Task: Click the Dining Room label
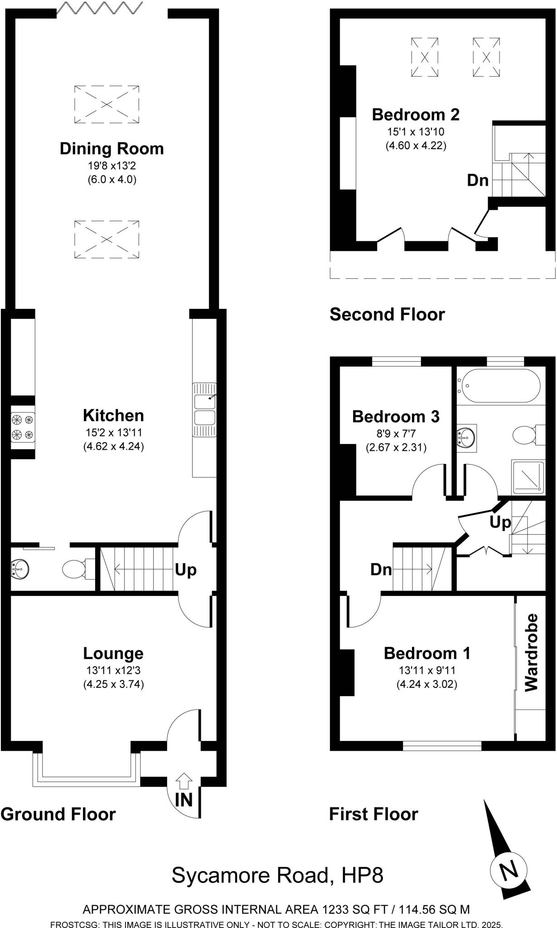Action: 111,149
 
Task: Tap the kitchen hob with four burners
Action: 23,427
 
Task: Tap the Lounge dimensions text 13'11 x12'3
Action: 113,670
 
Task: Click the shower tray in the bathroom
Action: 528,477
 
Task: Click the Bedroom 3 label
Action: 396,416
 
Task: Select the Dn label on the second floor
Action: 478,180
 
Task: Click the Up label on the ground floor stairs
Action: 186,570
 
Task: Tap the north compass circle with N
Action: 509,870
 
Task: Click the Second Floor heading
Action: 387,314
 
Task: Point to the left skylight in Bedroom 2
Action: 425,58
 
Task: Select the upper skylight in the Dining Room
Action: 107,104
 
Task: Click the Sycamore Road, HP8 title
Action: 277,875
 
